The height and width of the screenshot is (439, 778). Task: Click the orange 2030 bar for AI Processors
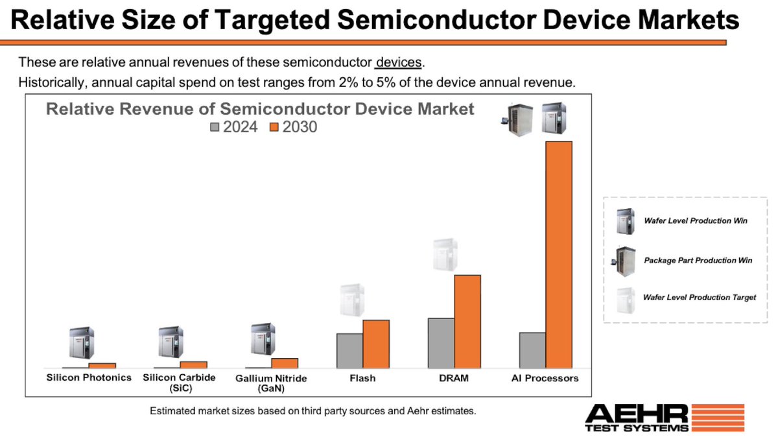[x=559, y=254]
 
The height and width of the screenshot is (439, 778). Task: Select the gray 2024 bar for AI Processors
[x=532, y=350]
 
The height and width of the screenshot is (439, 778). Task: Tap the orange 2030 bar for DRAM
[x=467, y=321]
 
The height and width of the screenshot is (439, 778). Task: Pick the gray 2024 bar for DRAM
[x=441, y=343]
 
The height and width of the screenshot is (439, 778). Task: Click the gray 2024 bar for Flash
[x=349, y=351]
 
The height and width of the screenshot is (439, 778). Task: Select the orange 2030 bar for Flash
[x=376, y=344]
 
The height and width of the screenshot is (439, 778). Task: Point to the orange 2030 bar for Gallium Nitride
[x=285, y=363]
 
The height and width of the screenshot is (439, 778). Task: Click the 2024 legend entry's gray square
[x=215, y=128]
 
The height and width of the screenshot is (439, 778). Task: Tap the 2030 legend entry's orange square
[x=274, y=128]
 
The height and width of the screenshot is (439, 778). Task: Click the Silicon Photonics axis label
[x=89, y=377]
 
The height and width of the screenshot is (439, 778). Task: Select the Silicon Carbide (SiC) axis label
[x=179, y=383]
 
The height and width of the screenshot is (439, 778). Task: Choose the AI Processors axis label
[x=545, y=378]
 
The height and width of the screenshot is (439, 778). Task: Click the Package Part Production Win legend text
[x=698, y=260]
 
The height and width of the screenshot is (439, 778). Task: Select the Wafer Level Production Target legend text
[x=699, y=298]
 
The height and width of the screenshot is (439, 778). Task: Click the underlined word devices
[x=399, y=63]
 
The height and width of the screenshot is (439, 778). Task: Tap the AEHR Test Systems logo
[x=664, y=419]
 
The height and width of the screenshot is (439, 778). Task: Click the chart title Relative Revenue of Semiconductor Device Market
[x=260, y=109]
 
